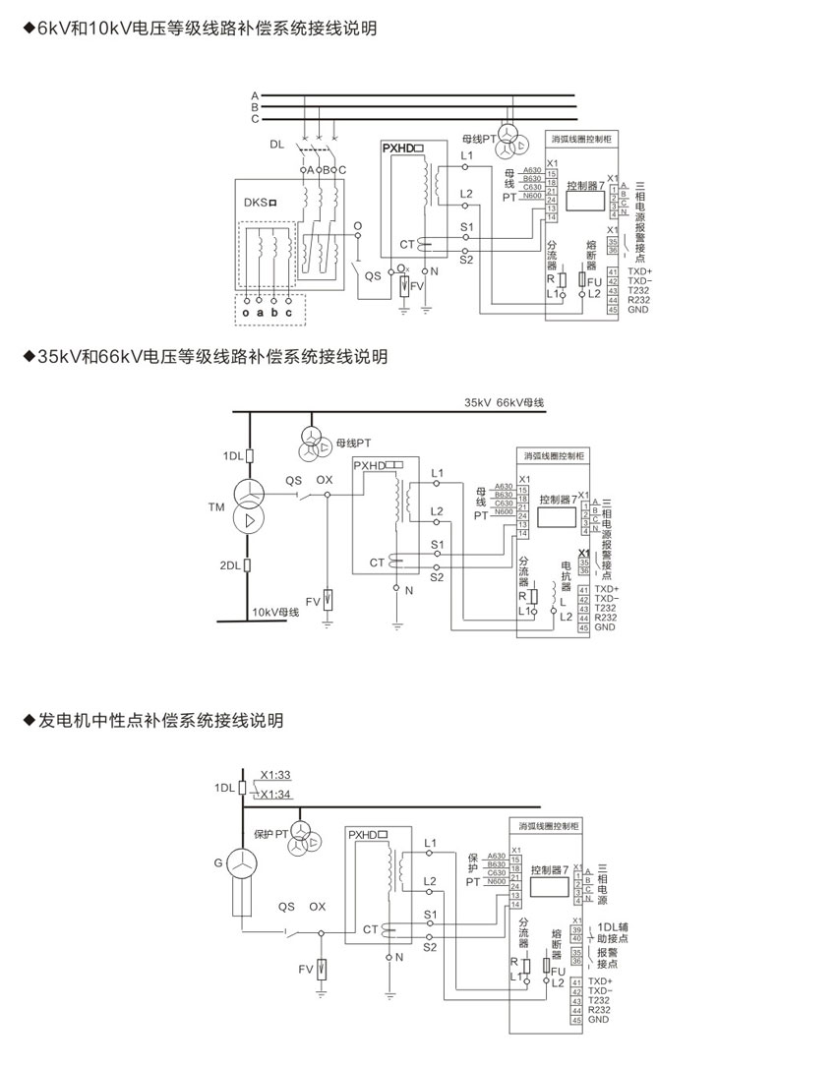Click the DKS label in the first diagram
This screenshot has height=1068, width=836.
(x=259, y=204)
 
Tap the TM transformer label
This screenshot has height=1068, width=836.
(x=216, y=507)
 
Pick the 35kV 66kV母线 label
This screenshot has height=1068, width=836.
(x=504, y=402)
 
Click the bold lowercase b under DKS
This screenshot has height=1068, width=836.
(x=274, y=314)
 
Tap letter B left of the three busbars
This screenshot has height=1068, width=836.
(x=254, y=106)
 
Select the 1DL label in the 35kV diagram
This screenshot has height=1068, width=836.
(x=233, y=456)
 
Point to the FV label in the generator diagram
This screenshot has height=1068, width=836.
(x=306, y=969)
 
